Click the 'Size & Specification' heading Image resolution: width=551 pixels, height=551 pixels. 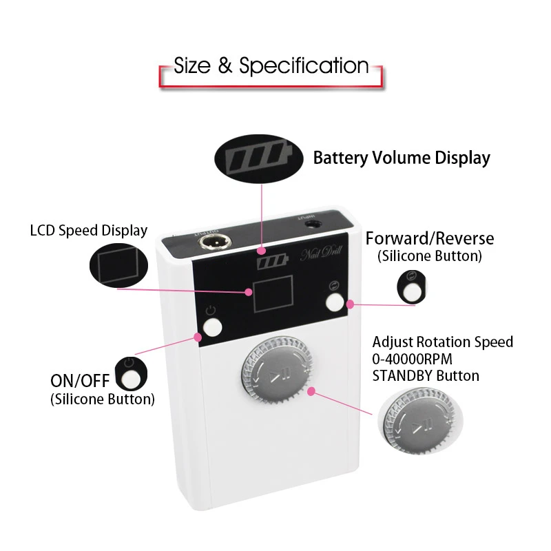tap(271, 66)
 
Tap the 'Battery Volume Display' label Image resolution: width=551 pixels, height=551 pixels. tap(402, 158)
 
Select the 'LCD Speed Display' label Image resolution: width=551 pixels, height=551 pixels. tap(89, 230)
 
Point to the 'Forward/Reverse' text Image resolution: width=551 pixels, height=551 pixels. tap(430, 239)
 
